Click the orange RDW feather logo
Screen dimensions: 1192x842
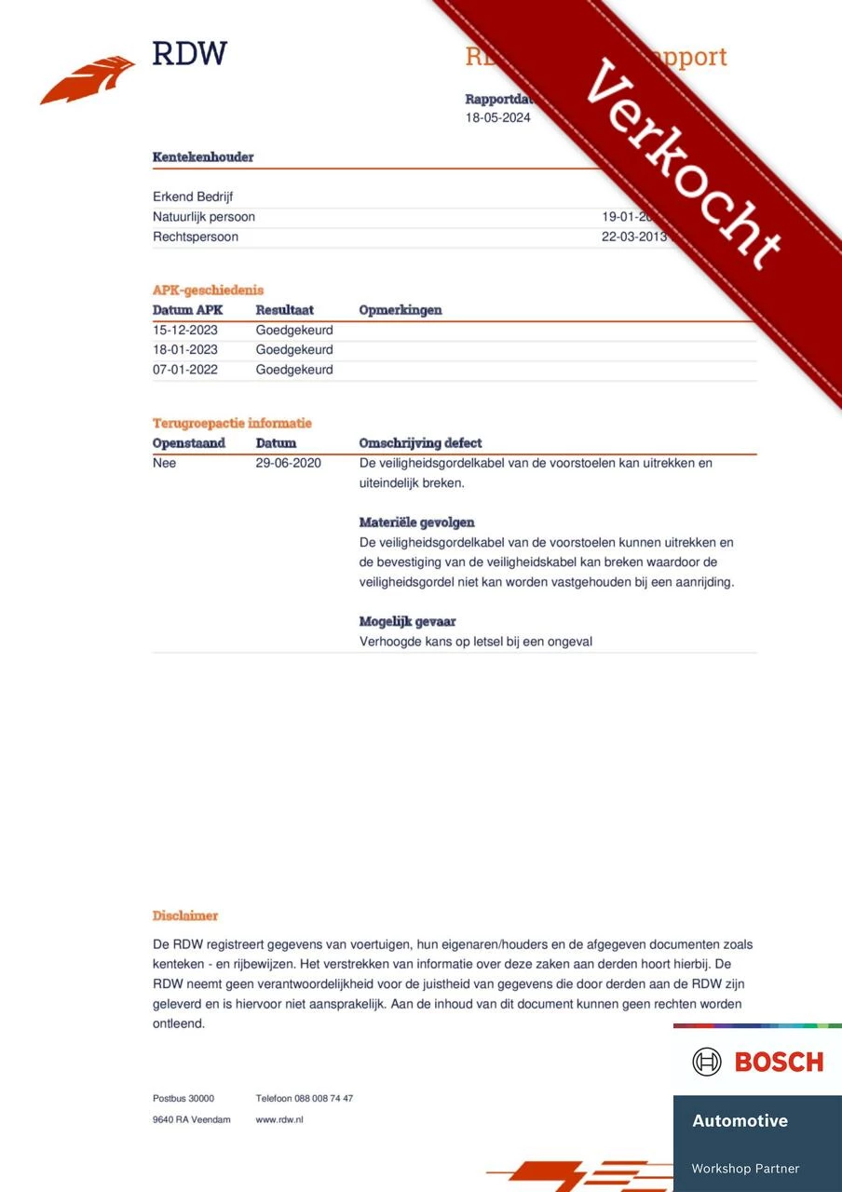pyautogui.click(x=88, y=79)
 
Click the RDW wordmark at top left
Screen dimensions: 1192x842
pyautogui.click(x=190, y=53)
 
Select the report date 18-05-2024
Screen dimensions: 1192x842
pyautogui.click(x=497, y=118)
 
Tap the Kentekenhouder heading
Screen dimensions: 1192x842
pyautogui.click(x=203, y=157)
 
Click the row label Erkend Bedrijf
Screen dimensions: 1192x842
pyautogui.click(x=194, y=197)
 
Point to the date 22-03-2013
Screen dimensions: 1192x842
pyautogui.click(x=634, y=237)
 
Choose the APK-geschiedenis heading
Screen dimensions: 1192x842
pyautogui.click(x=208, y=291)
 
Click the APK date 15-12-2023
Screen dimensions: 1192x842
pyautogui.click(x=185, y=330)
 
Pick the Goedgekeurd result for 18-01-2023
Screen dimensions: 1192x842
pyautogui.click(x=294, y=350)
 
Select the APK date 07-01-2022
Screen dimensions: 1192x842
pyautogui.click(x=185, y=370)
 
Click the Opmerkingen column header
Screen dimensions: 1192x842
pyautogui.click(x=401, y=310)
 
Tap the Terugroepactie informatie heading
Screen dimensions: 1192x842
pyautogui.click(x=232, y=424)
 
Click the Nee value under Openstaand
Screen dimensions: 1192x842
pyautogui.click(x=164, y=463)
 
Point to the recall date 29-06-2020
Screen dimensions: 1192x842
pyautogui.click(x=289, y=463)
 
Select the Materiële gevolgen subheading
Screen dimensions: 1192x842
pyautogui.click(x=416, y=522)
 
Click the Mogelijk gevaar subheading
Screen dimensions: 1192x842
pyautogui.click(x=407, y=621)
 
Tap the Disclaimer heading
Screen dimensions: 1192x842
pyautogui.click(x=185, y=916)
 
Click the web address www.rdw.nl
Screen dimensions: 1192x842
pyautogui.click(x=279, y=1119)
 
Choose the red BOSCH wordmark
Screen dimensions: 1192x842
pyautogui.click(x=779, y=1062)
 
